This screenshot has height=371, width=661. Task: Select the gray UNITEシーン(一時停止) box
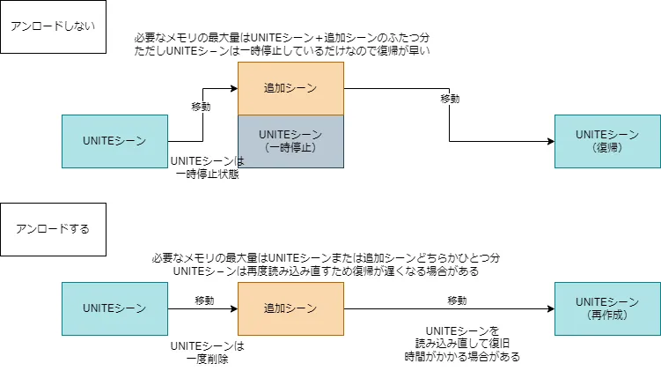point(290,141)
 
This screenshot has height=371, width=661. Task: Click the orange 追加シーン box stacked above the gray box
point(290,88)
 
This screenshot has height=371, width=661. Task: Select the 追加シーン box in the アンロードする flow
point(290,308)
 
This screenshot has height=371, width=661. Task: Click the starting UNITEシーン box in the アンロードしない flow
point(114,141)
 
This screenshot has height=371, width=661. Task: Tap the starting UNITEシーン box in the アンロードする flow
point(114,308)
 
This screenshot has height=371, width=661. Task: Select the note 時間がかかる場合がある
point(462,358)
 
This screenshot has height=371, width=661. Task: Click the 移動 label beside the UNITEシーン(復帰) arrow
point(450,99)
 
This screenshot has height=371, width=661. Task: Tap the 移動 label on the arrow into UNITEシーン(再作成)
point(457,301)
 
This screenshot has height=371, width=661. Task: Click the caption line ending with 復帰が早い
point(282,52)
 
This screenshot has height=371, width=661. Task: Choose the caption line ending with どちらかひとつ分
point(325,258)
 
